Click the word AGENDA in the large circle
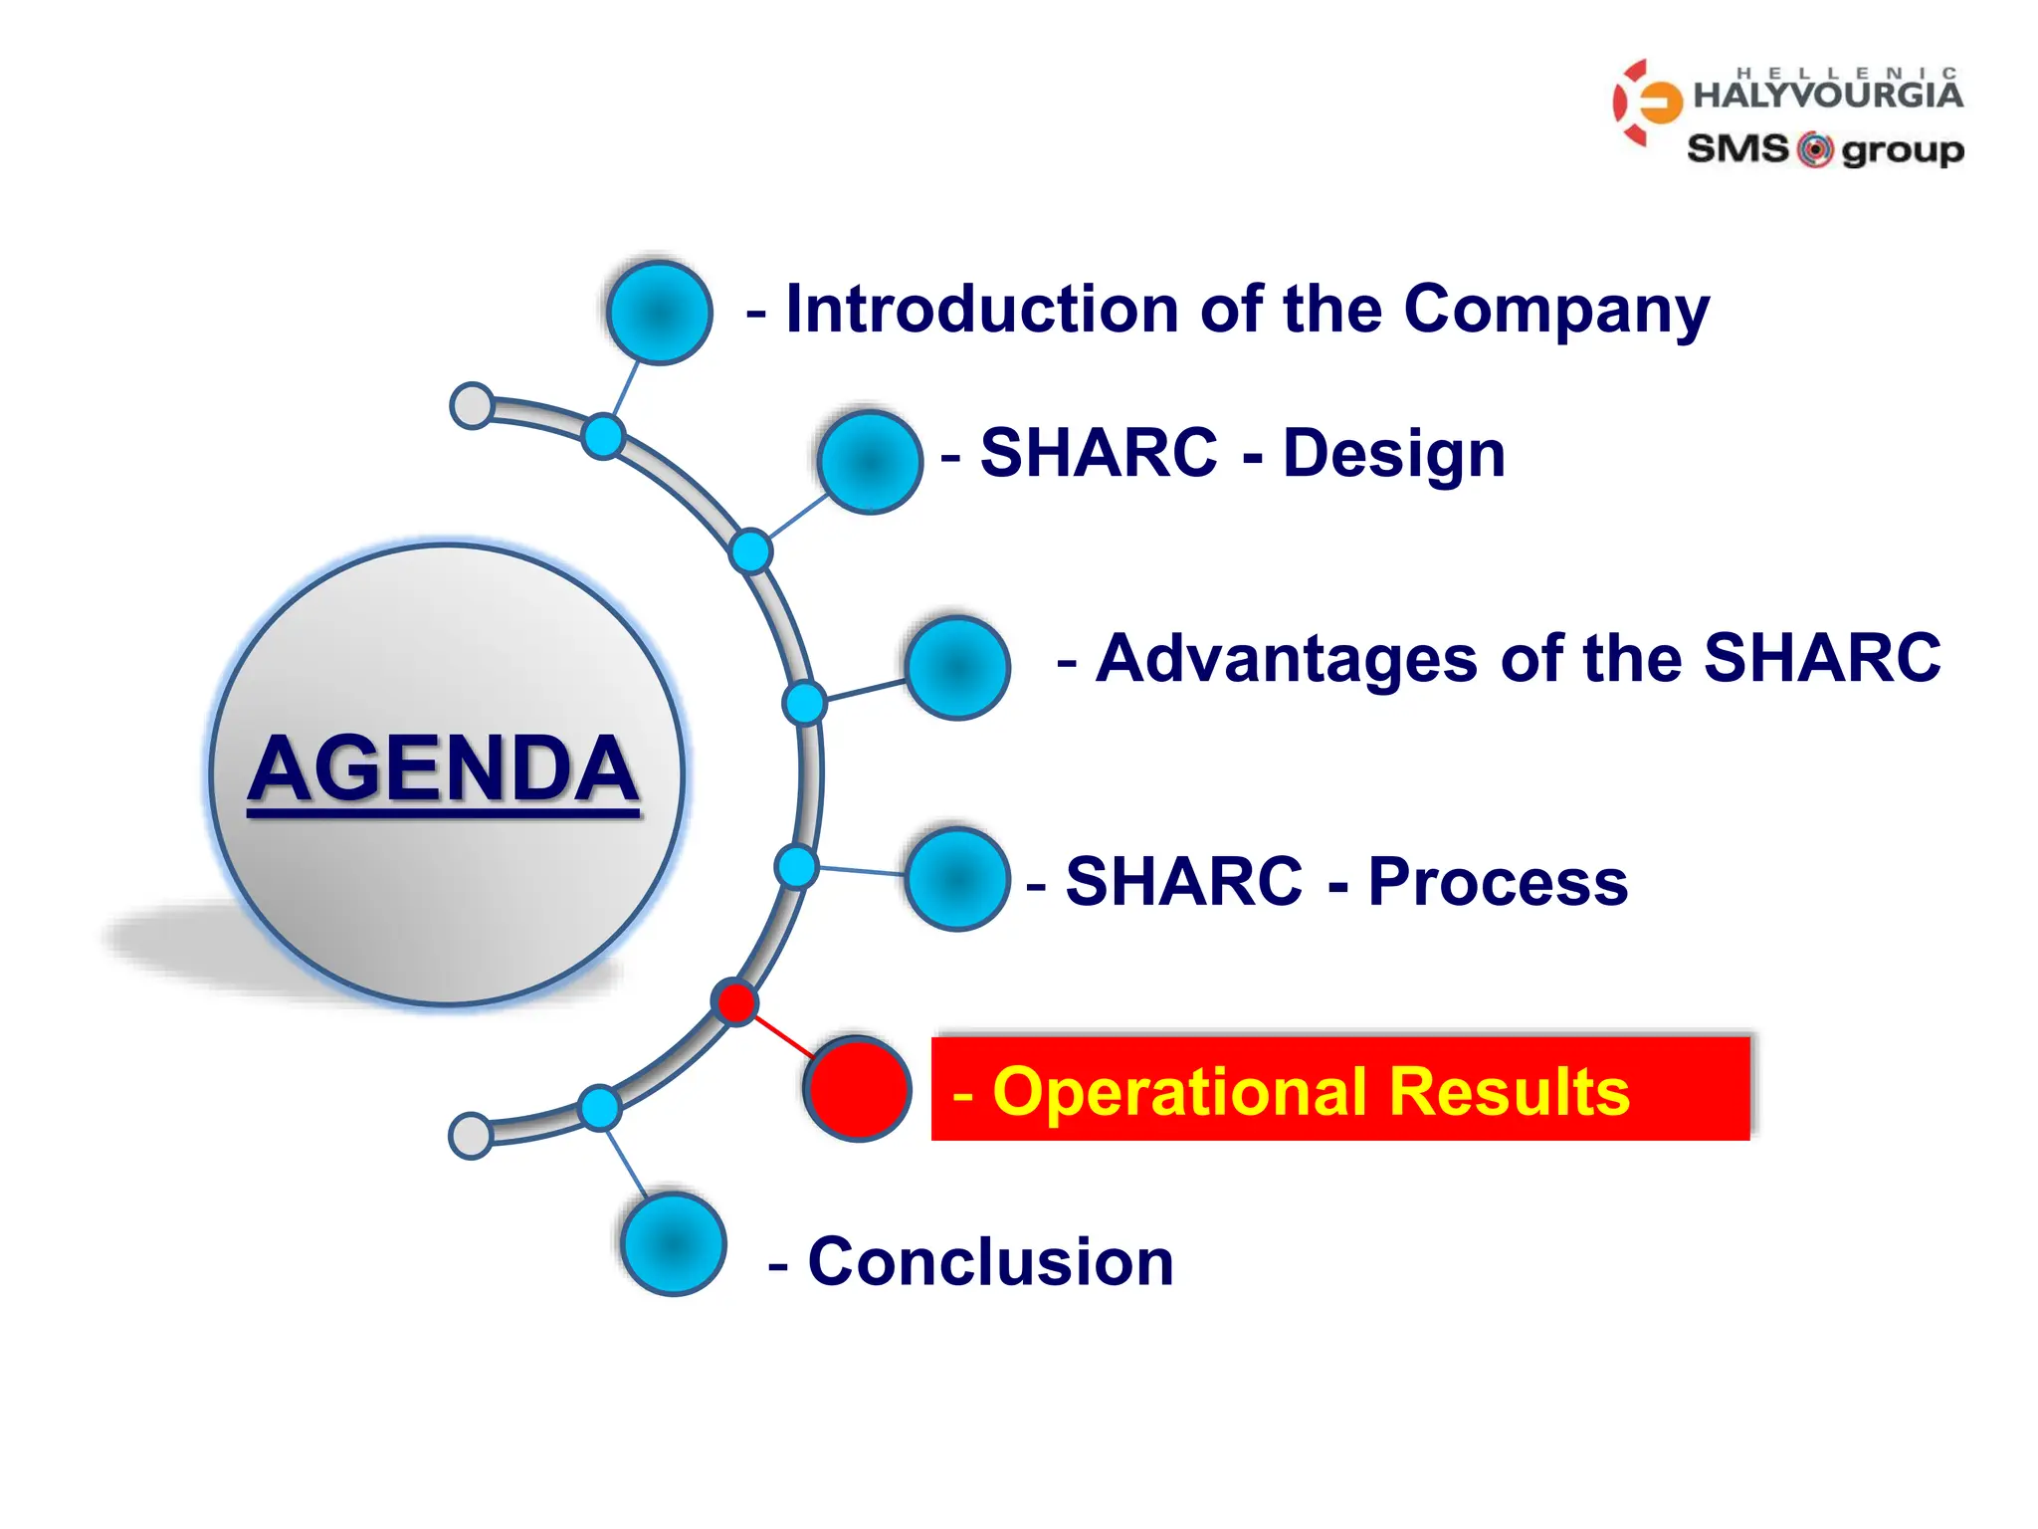point(443,768)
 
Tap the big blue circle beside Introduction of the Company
point(659,313)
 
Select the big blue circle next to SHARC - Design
point(870,463)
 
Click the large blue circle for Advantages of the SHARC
point(957,668)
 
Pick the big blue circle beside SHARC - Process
point(957,879)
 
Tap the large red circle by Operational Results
point(858,1089)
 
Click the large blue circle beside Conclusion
point(674,1244)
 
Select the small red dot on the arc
point(736,1001)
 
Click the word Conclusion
point(990,1262)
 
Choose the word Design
point(1393,454)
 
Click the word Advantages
point(1286,659)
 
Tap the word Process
point(1498,882)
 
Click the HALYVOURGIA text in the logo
point(1827,96)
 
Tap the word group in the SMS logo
point(1902,151)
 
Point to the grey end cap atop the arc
point(472,405)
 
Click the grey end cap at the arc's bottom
point(471,1136)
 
